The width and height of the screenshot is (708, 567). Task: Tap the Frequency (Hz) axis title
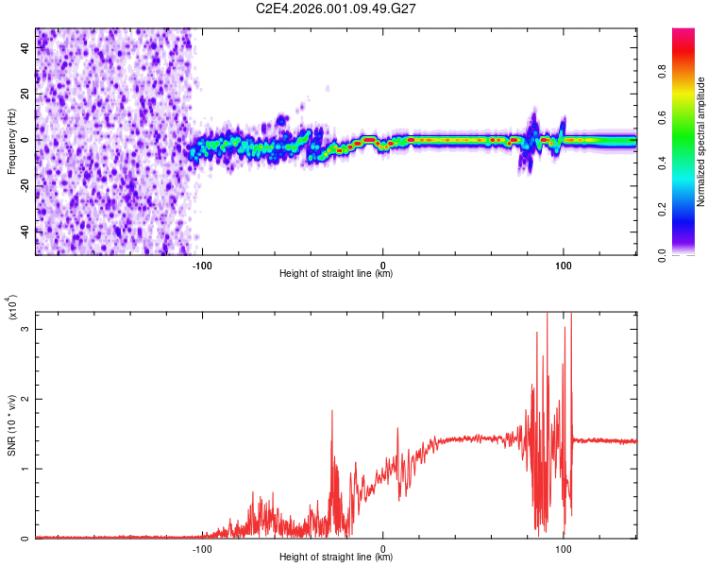pyautogui.click(x=11, y=140)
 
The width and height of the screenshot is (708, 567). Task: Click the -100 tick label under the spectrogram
pyautogui.click(x=202, y=266)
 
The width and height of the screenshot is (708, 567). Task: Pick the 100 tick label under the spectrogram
pyautogui.click(x=564, y=266)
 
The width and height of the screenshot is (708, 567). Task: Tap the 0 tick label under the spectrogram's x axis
pyautogui.click(x=382, y=266)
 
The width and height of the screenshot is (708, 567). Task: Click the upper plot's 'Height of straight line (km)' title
pyautogui.click(x=336, y=274)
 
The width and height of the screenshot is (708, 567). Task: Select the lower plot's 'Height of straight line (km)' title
pyautogui.click(x=336, y=558)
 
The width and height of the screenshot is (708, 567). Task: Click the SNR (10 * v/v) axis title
pyautogui.click(x=11, y=425)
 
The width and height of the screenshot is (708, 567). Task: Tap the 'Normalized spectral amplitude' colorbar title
pyautogui.click(x=701, y=142)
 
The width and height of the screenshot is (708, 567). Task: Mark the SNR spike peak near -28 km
pyautogui.click(x=332, y=410)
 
